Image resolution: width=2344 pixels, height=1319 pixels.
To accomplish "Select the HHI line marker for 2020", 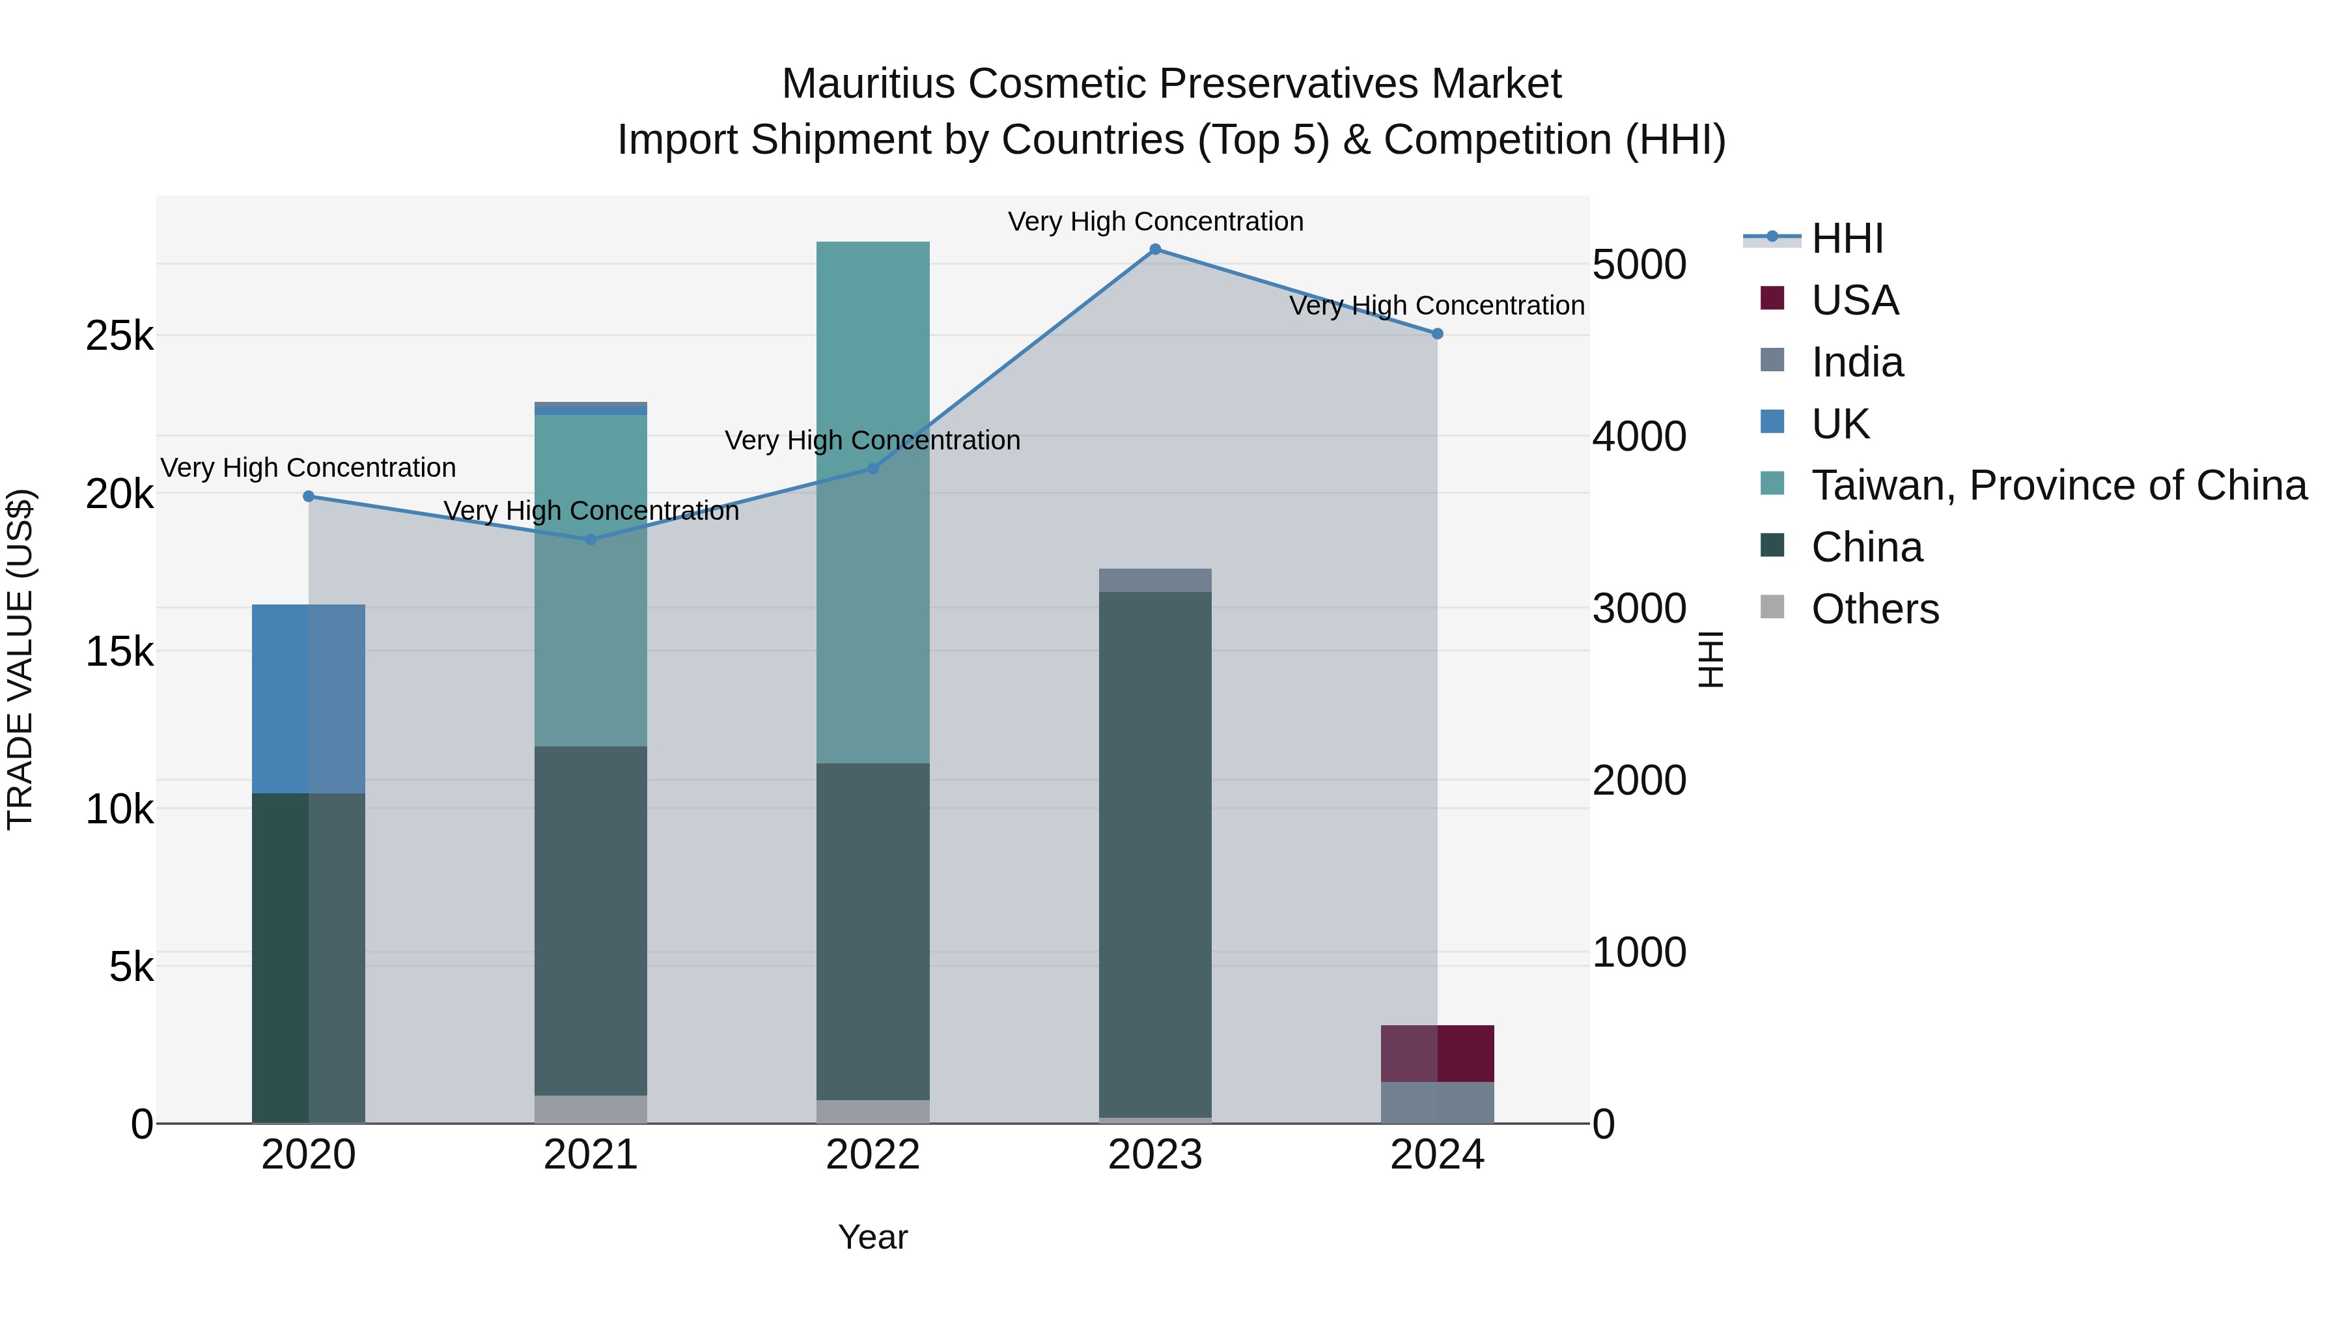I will (x=309, y=496).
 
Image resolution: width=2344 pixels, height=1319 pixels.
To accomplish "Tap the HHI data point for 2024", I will (x=1438, y=334).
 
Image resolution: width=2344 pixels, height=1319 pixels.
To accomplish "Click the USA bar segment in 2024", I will (x=1438, y=1053).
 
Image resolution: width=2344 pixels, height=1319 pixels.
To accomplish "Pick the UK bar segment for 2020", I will (x=309, y=698).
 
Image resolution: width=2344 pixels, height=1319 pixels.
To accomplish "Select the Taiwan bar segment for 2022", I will (x=872, y=502).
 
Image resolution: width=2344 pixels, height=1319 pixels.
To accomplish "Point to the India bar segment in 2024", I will (x=1438, y=1102).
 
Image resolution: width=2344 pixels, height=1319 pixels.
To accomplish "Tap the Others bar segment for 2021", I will (x=591, y=1109).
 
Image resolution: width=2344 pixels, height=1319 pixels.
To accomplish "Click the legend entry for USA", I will (x=1854, y=300).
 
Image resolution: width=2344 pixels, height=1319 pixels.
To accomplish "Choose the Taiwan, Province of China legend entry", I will (x=2058, y=485).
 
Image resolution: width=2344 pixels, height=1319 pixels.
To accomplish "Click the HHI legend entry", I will (x=1847, y=238).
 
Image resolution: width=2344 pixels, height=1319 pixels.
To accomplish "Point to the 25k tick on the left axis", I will (x=119, y=336).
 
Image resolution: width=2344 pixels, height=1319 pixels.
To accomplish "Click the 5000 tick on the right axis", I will (x=1639, y=265).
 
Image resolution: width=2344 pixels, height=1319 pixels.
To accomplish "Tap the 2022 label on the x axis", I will (x=872, y=1155).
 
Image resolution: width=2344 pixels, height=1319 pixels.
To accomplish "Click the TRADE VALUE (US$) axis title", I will (x=21, y=659).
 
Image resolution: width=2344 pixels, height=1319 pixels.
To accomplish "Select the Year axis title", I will (x=872, y=1237).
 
